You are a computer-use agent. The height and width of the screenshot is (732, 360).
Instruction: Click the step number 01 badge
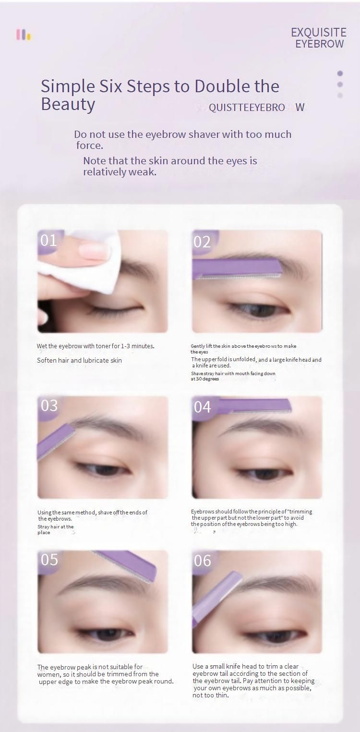(x=48, y=241)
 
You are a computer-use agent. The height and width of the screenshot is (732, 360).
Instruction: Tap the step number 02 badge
(x=202, y=242)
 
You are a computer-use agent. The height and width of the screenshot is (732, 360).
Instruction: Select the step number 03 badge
(x=49, y=406)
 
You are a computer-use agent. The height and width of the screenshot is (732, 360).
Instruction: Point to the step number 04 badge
(x=203, y=407)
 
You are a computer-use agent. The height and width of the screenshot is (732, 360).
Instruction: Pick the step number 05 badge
(x=49, y=560)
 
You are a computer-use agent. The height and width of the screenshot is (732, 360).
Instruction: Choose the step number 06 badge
(x=203, y=561)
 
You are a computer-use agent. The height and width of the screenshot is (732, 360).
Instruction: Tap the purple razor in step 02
(x=237, y=269)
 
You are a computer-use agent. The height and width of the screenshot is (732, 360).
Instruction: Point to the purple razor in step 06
(x=216, y=598)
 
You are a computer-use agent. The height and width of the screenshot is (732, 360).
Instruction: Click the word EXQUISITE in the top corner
(x=319, y=32)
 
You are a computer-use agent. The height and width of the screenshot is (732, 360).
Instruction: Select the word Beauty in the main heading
(x=68, y=105)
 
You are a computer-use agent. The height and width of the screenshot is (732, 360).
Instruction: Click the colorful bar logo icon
(x=24, y=34)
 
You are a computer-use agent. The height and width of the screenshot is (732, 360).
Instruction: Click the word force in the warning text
(x=89, y=146)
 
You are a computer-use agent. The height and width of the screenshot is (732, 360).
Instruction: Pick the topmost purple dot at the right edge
(x=340, y=73)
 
